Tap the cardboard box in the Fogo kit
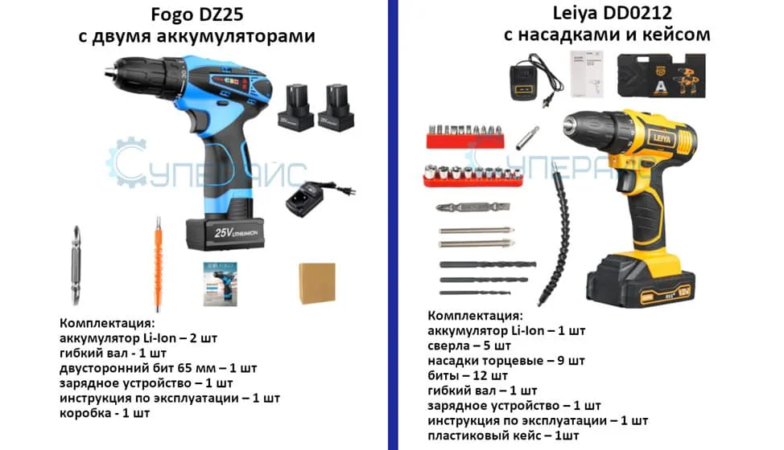[x=316, y=282]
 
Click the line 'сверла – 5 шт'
[x=470, y=346]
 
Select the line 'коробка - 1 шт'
[x=105, y=413]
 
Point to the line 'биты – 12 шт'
[x=468, y=375]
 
